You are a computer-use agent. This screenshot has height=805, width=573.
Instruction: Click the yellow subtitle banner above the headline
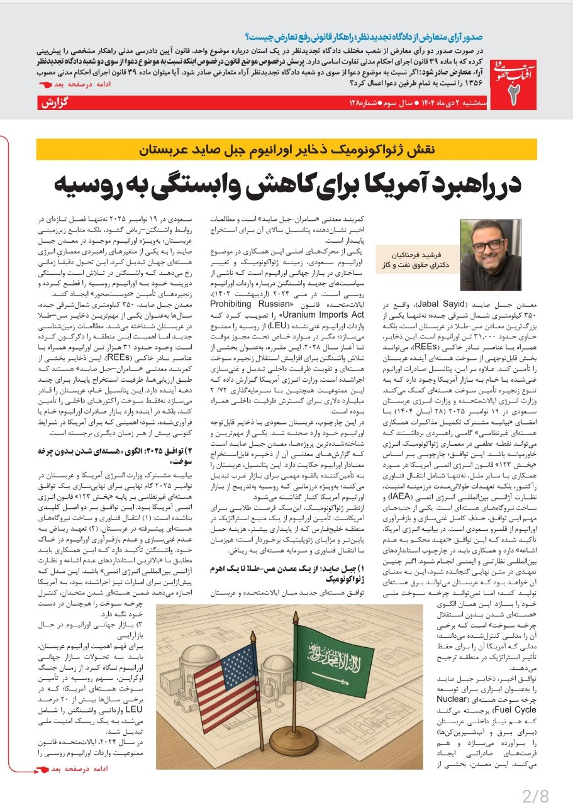click(286, 150)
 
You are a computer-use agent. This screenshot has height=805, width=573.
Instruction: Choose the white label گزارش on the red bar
click(55, 103)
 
